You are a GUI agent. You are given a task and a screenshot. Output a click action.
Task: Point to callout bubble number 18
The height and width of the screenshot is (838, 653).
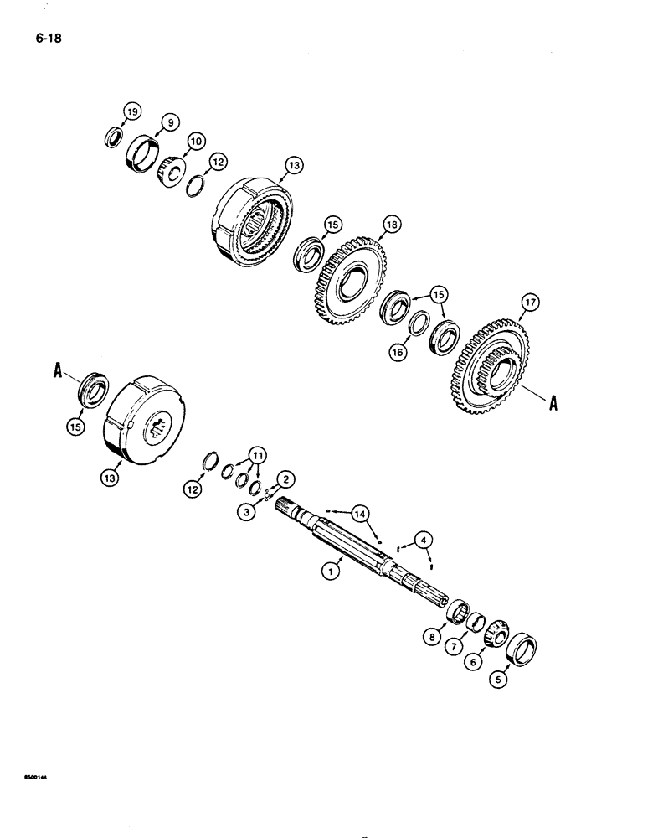(392, 225)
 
